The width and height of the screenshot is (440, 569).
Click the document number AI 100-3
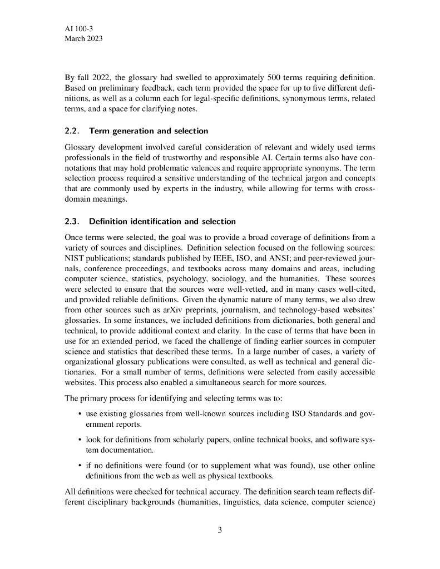tap(80, 28)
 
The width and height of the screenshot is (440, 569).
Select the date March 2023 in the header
tap(84, 39)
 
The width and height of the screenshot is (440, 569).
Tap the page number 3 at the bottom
tap(220, 530)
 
